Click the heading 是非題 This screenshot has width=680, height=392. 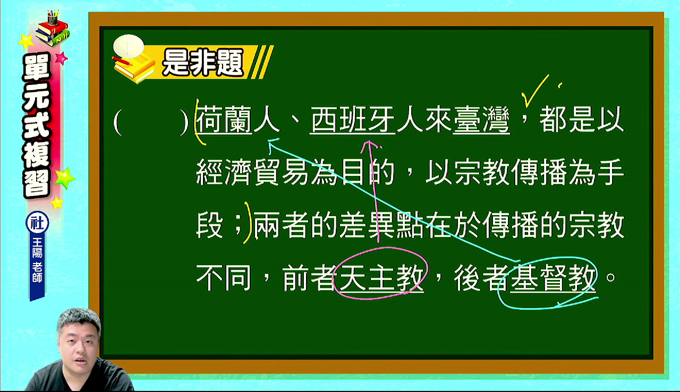pyautogui.click(x=203, y=63)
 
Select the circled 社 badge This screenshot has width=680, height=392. pyautogui.click(x=37, y=223)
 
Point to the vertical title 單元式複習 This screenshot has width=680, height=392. pyautogui.click(x=37, y=125)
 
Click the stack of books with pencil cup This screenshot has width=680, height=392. pyautogui.click(x=52, y=28)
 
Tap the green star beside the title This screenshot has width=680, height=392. pyautogui.click(x=65, y=178)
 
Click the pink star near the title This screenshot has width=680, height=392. pyautogui.click(x=62, y=58)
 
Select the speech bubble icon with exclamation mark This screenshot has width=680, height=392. pyautogui.click(x=128, y=47)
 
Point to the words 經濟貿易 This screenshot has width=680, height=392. pyautogui.click(x=252, y=173)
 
